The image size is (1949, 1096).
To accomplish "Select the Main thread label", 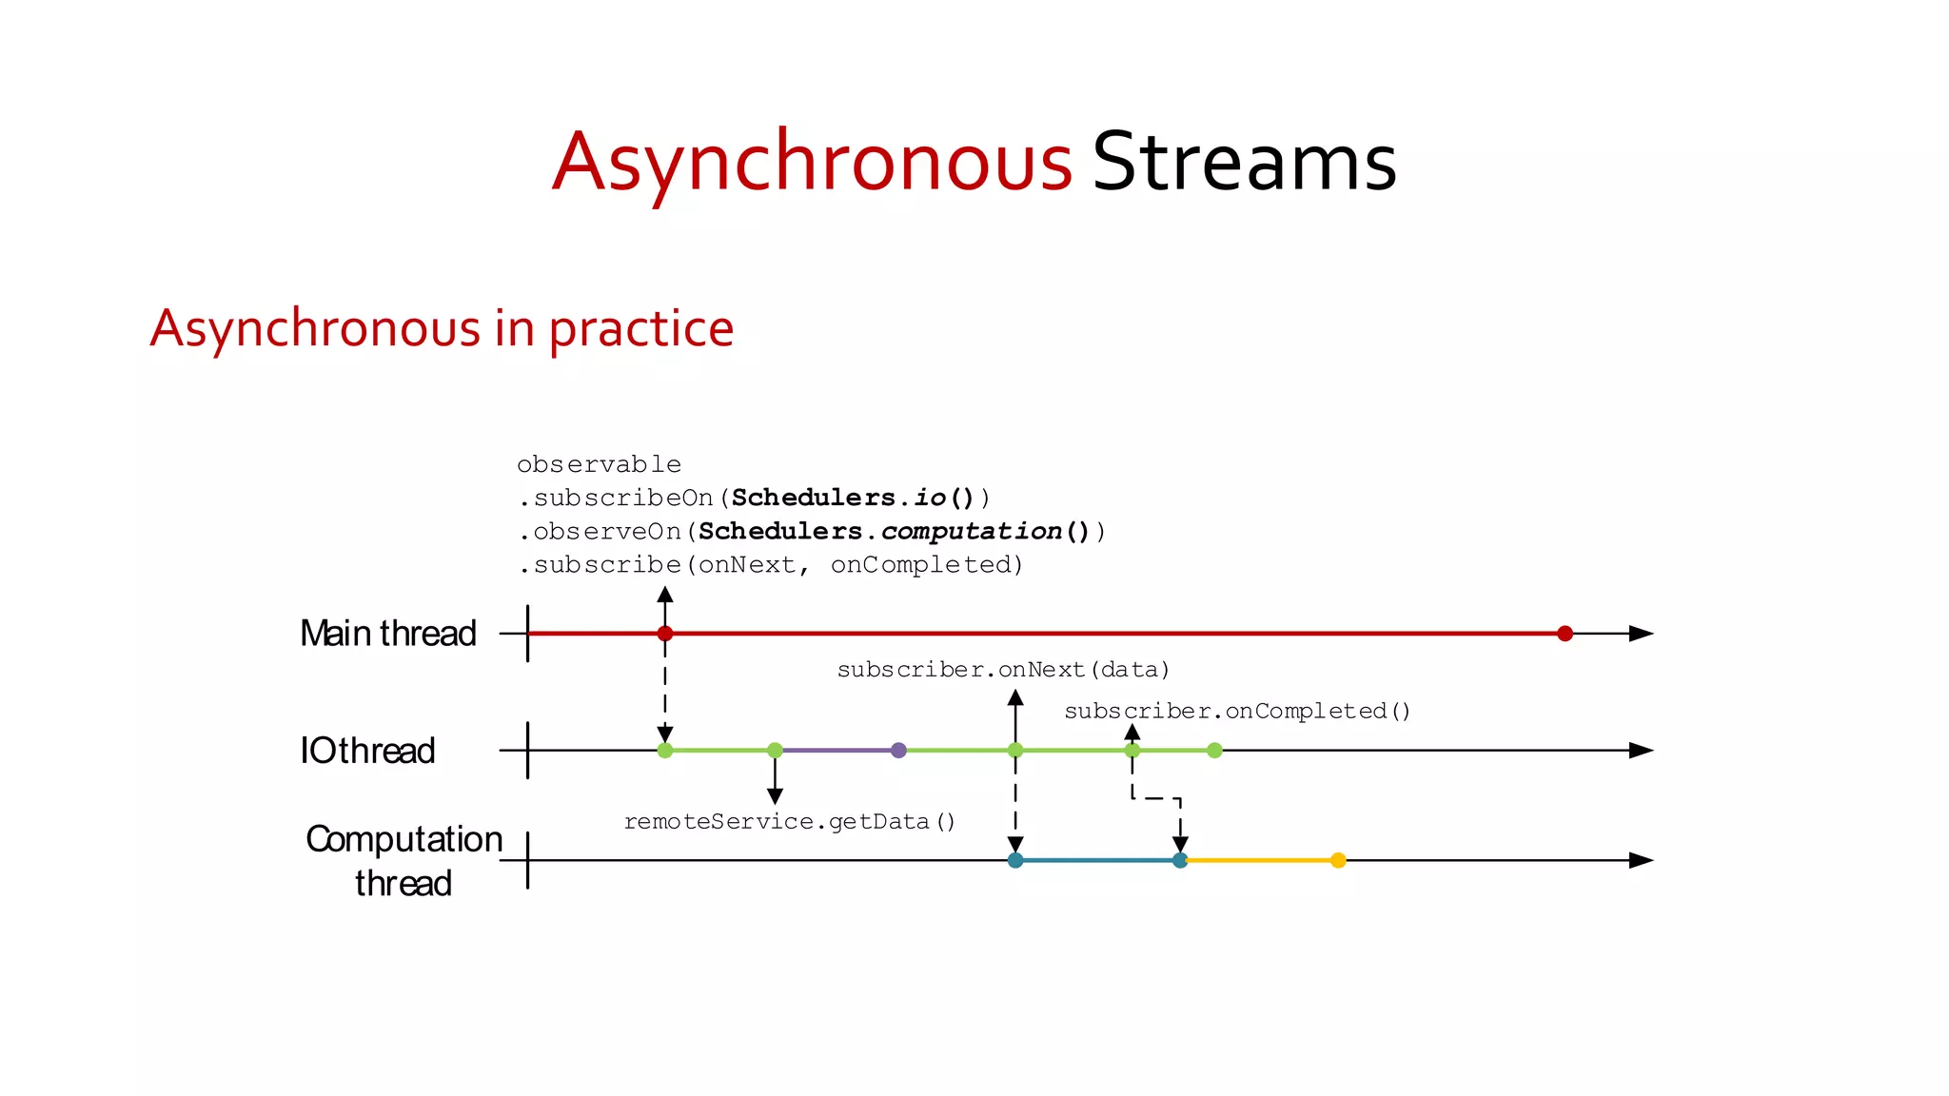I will tap(387, 634).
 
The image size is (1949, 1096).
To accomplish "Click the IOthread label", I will tap(367, 751).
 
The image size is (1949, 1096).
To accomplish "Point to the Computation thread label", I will tap(404, 860).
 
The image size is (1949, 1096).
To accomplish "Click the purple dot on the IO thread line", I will tap(898, 751).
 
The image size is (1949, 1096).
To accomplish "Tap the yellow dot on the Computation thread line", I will tap(1338, 860).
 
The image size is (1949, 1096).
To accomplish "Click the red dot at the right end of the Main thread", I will tap(1565, 634).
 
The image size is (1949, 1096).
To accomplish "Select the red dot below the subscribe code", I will tap(665, 634).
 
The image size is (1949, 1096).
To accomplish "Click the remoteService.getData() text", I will tap(789, 821).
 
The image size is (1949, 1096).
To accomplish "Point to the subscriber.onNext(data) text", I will tap(1003, 670).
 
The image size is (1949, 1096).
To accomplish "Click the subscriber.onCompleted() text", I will tap(1237, 711).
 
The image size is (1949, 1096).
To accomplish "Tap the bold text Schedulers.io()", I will tap(853, 498).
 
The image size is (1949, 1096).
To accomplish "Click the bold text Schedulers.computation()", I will tap(894, 531).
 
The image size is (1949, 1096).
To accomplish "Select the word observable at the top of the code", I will tap(599, 464).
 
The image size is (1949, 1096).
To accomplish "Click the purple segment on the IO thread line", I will tap(837, 751).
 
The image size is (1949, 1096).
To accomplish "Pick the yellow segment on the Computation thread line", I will tap(1258, 860).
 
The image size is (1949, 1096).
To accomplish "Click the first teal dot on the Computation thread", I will tap(1015, 860).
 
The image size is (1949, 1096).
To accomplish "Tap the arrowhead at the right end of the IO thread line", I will tap(1641, 751).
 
